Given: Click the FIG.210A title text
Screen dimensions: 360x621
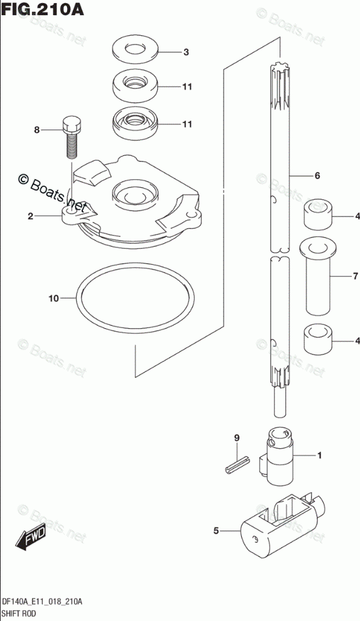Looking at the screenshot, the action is pyautogui.click(x=42, y=9).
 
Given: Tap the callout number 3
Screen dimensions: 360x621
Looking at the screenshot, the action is pyautogui.click(x=186, y=52).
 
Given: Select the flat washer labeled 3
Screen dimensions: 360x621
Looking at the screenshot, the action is pyautogui.click(x=134, y=50).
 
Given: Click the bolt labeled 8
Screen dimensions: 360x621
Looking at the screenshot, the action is pyautogui.click(x=72, y=136).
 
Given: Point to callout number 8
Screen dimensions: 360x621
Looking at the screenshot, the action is pyautogui.click(x=37, y=129).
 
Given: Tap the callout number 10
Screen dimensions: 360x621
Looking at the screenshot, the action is pyautogui.click(x=53, y=298).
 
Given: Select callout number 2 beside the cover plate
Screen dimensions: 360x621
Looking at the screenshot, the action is pyautogui.click(x=30, y=216).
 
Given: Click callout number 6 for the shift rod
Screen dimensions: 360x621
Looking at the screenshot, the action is pyautogui.click(x=317, y=175).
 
